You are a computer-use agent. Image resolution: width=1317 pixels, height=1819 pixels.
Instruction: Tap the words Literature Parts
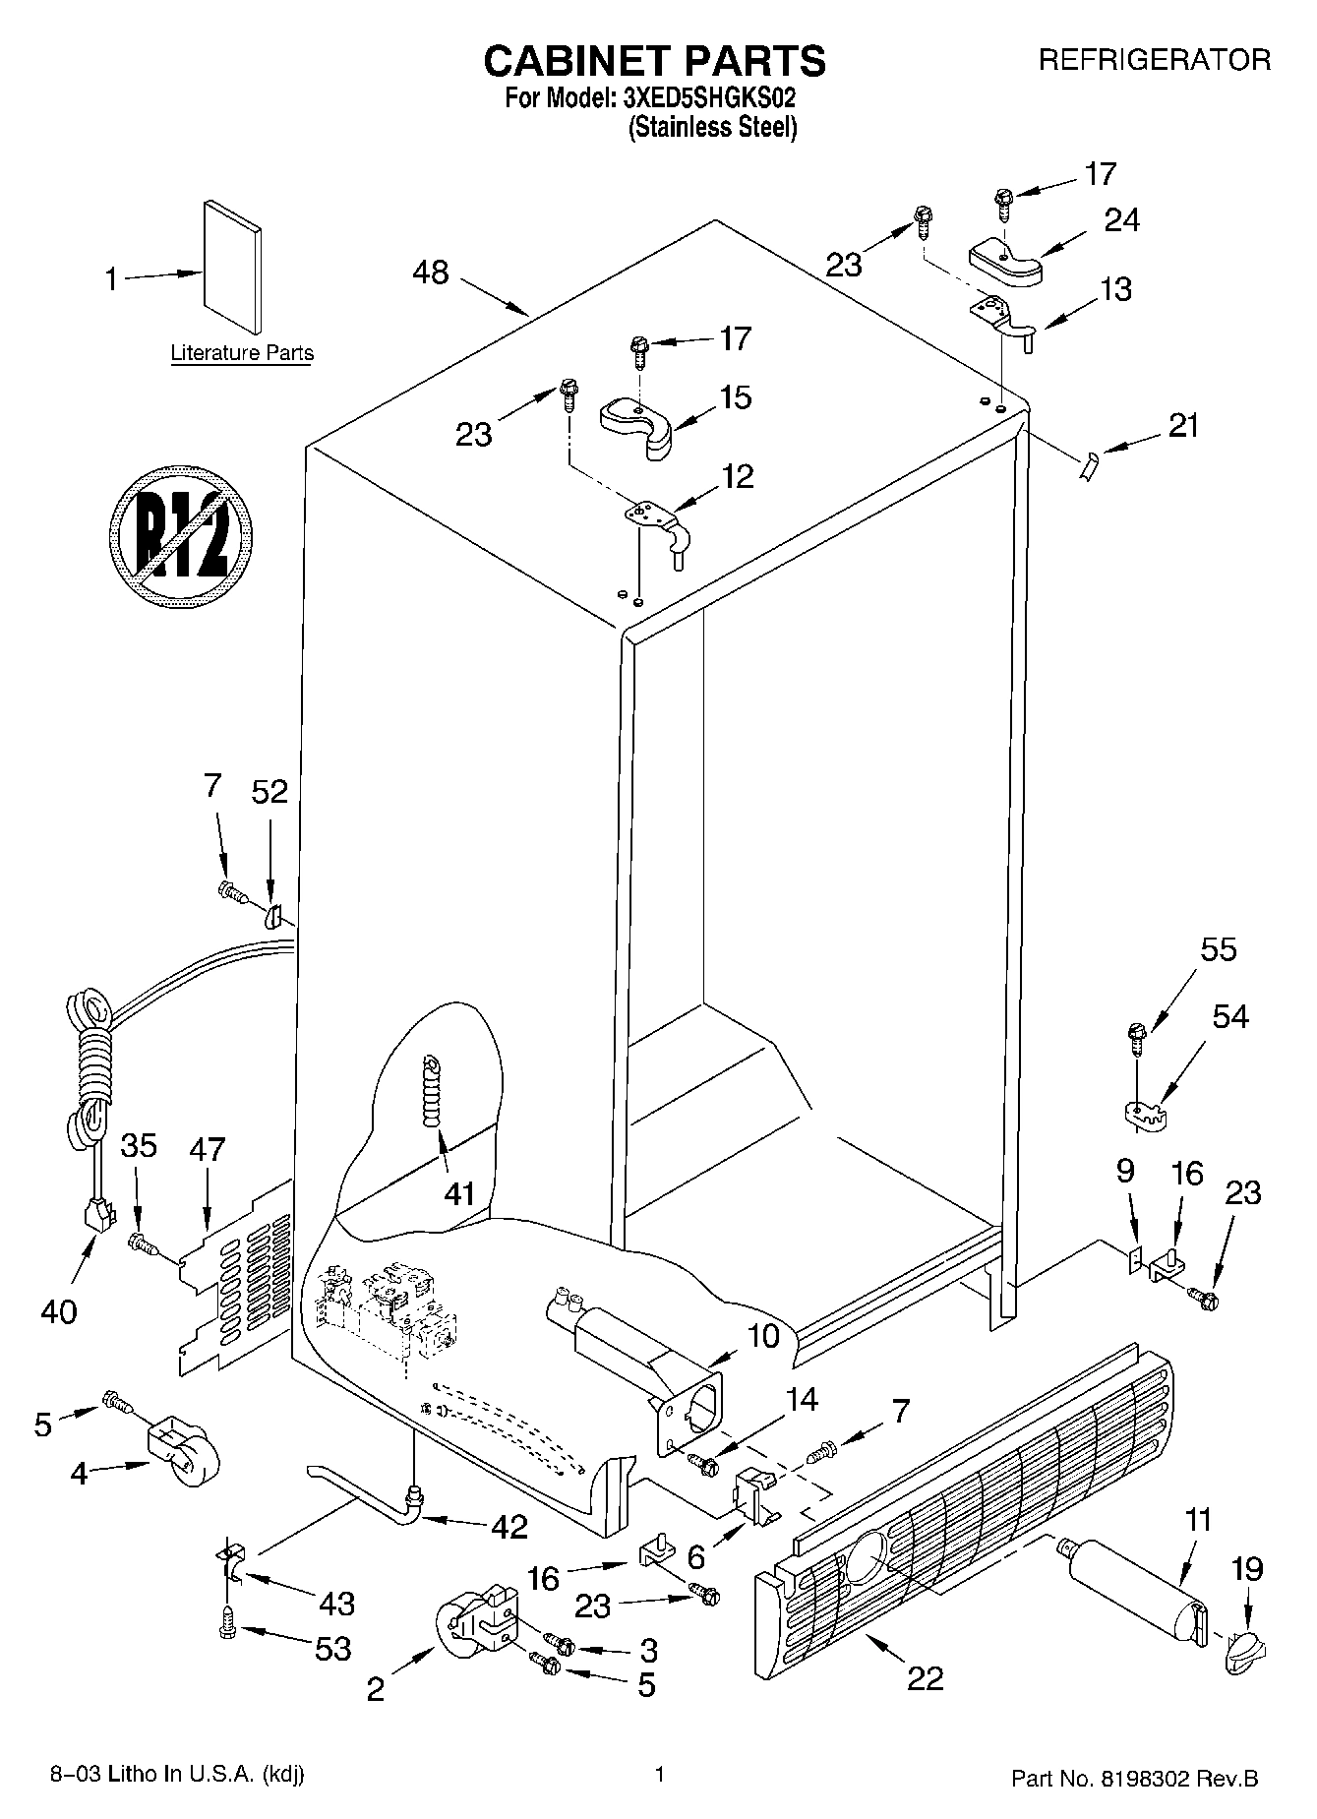pos(242,353)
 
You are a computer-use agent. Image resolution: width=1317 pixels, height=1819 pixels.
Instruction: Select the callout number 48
pos(430,273)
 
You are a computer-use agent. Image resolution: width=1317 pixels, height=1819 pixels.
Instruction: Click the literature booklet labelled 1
pos(233,268)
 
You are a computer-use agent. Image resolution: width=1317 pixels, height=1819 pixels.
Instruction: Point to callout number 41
pos(459,1193)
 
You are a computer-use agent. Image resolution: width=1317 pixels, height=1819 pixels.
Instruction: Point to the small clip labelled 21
pos(1087,466)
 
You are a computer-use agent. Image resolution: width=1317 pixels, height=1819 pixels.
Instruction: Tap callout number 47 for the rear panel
pos(208,1149)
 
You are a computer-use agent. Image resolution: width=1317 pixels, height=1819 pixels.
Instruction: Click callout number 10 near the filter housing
pos(763,1335)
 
